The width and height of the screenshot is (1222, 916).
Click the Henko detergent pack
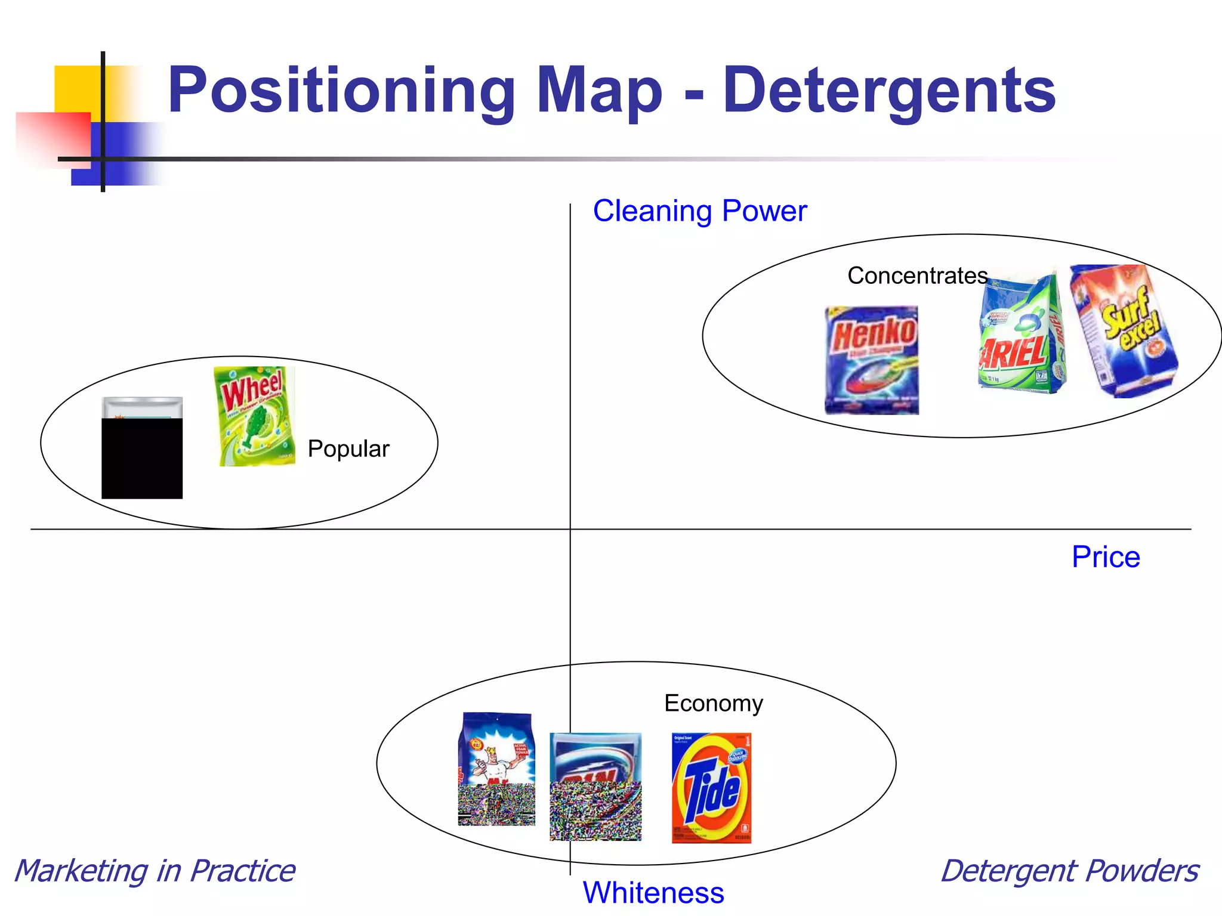coord(872,360)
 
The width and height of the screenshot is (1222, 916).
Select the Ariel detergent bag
coord(1022,334)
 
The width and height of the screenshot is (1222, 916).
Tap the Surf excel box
coord(1124,331)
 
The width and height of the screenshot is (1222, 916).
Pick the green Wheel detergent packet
coord(255,416)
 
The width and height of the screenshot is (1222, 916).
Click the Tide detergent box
coord(711,788)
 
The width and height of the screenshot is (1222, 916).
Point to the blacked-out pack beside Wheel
coord(142,448)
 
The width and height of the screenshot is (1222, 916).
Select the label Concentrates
coord(917,276)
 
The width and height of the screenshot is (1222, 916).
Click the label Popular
coord(348,448)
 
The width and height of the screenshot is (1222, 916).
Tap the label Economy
coord(713,703)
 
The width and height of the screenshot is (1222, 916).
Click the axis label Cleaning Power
coord(699,211)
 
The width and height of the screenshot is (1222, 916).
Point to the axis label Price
coord(1106,557)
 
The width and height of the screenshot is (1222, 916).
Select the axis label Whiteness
coord(653,893)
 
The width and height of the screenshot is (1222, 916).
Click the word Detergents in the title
coord(889,91)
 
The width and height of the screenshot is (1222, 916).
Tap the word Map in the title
coord(599,91)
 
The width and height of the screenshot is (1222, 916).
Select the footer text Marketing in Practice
coord(155,871)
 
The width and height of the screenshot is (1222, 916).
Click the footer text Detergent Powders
coord(1069,871)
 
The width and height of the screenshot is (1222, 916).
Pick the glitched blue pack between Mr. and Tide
coord(595,786)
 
